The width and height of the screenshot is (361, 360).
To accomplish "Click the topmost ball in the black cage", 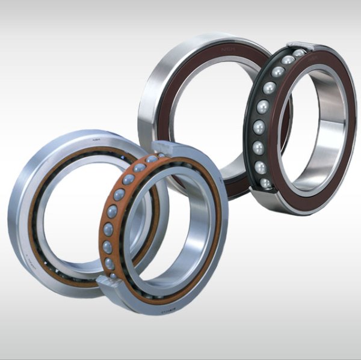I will tap(299, 53).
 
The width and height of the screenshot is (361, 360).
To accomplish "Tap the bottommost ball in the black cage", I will tap(265, 183).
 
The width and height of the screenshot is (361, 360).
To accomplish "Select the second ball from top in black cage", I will tap(288, 60).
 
